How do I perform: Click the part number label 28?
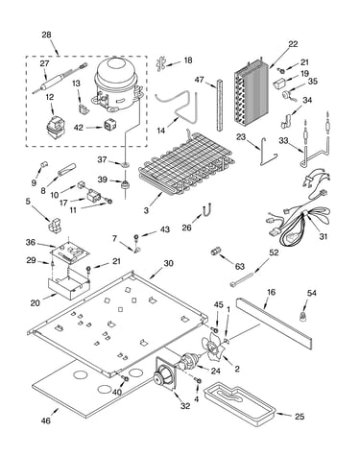pyautogui.click(x=46, y=35)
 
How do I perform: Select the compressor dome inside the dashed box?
pyautogui.click(x=115, y=84)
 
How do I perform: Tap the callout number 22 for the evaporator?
pyautogui.click(x=293, y=44)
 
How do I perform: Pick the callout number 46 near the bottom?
pyautogui.click(x=46, y=420)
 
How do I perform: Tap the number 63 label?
pyautogui.click(x=239, y=266)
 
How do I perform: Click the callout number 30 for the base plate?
pyautogui.click(x=168, y=263)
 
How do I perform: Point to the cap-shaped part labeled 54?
pyautogui.click(x=302, y=317)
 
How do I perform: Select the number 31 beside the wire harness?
pyautogui.click(x=324, y=236)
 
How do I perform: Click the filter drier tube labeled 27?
pyautogui.click(x=60, y=79)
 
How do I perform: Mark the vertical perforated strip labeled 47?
pyautogui.click(x=220, y=105)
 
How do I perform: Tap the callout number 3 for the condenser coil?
pyautogui.click(x=146, y=210)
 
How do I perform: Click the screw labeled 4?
pyautogui.click(x=198, y=380)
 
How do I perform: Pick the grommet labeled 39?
pyautogui.click(x=125, y=184)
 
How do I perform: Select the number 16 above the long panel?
pyautogui.click(x=271, y=292)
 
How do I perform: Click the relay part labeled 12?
pyautogui.click(x=56, y=127)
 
